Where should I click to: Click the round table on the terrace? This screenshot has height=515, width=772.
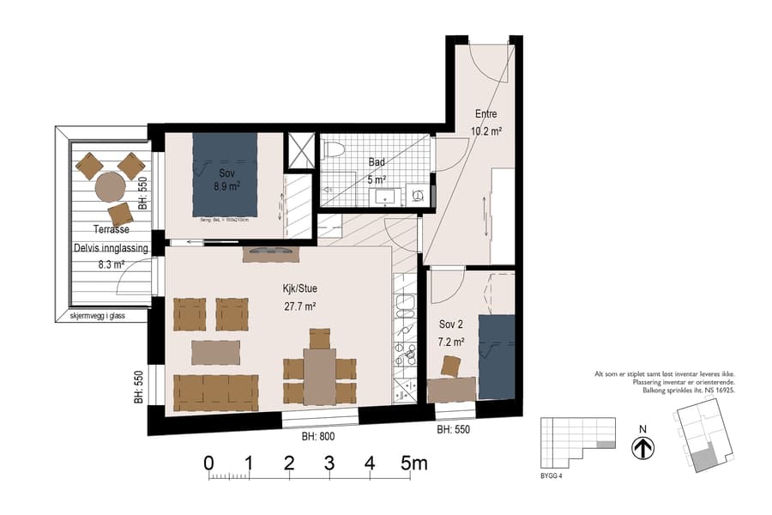111,185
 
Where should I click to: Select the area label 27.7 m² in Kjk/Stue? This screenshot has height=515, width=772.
299,306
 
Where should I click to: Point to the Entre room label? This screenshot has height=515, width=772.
486,115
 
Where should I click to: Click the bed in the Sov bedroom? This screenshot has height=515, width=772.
225,175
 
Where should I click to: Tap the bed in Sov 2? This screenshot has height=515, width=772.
496,356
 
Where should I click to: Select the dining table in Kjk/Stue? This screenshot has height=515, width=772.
319,376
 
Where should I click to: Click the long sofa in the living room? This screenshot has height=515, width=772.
216,392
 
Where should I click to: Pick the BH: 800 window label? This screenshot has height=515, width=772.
318,437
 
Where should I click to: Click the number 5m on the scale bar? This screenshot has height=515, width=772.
414,463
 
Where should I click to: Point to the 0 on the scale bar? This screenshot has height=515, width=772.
208,463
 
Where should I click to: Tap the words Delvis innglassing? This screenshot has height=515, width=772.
111,248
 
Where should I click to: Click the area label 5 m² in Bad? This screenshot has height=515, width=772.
377,179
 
